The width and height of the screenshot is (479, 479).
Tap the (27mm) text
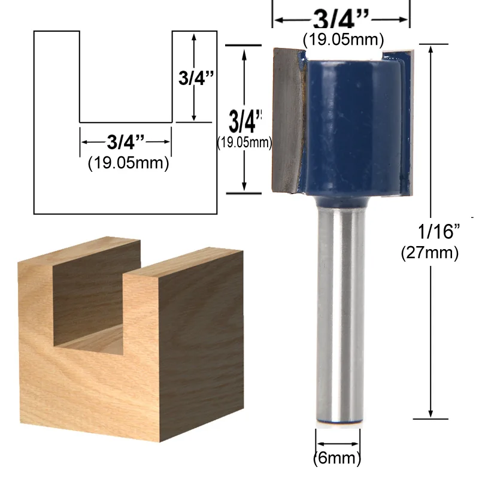pos(429,253)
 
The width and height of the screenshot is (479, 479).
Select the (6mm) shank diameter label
pos(338,459)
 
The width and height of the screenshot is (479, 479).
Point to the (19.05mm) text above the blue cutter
pos(339,41)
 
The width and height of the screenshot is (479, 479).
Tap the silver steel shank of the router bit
pos(339,311)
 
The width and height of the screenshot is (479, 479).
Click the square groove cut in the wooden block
pos(90,299)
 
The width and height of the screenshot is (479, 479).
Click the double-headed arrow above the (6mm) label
pos(338,444)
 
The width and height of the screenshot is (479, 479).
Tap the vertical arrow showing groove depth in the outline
pos(193,78)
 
